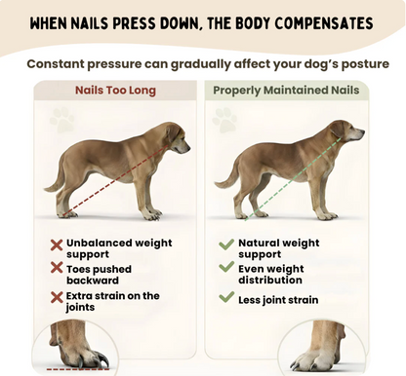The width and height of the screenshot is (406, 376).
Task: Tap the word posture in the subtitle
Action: coord(364,63)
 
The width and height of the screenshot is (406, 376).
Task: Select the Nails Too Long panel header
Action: coord(116,91)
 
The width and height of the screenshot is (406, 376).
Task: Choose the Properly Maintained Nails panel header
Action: coord(286,91)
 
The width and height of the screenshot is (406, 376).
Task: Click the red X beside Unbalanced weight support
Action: coord(57,244)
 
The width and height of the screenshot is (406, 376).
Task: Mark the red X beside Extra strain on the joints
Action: coord(57,296)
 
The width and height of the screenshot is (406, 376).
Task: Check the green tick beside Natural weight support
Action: coord(226,244)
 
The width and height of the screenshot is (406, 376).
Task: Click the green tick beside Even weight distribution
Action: coord(226,267)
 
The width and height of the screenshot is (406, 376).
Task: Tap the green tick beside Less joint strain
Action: coord(226,298)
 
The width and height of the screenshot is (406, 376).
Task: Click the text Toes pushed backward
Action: coord(99,275)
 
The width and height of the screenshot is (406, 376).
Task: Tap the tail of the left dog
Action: coord(55,175)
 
